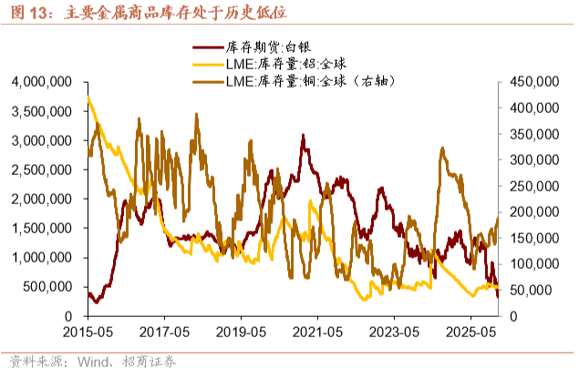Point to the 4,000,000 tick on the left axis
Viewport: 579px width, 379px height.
[x=42, y=82]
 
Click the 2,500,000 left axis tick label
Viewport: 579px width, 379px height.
[x=42, y=169]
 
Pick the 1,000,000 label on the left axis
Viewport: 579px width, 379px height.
[x=42, y=258]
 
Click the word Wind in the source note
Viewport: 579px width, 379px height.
[x=94, y=362]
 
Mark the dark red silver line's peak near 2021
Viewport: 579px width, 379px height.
[x=303, y=136]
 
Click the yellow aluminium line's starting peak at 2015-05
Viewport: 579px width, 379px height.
[x=88, y=97]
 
